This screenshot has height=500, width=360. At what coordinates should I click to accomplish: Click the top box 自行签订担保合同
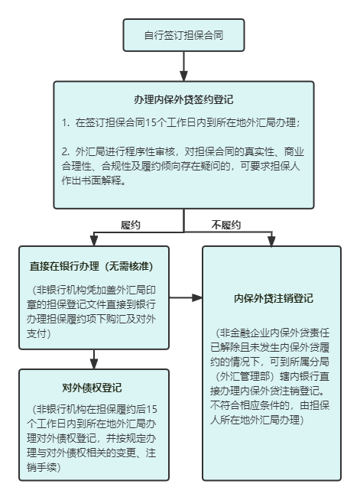(x=183, y=35)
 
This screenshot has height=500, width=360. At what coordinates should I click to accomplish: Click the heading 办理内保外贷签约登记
(x=183, y=100)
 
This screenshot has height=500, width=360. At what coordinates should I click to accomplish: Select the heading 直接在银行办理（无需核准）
(x=93, y=266)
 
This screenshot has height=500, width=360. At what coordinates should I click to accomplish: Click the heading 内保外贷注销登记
(x=272, y=298)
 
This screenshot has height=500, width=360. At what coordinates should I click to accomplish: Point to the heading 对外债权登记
(x=93, y=387)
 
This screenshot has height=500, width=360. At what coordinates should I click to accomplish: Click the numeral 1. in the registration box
(x=67, y=122)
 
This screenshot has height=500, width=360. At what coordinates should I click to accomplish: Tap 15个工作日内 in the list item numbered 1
(x=171, y=122)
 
